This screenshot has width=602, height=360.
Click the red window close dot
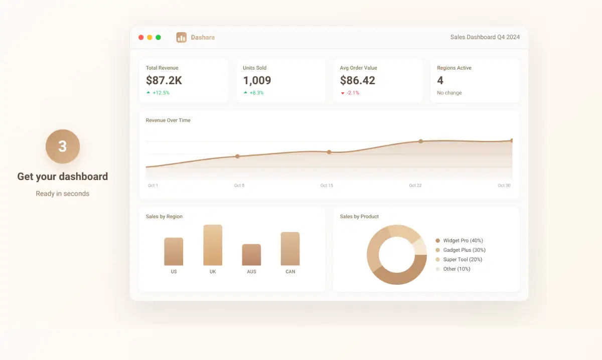pyautogui.click(x=141, y=37)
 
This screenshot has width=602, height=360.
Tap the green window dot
pyautogui.click(x=158, y=37)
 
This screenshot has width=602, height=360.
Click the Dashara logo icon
pyautogui.click(x=181, y=37)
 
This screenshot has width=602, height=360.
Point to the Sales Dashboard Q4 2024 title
pyautogui.click(x=485, y=37)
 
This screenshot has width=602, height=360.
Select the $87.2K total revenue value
pyautogui.click(x=164, y=80)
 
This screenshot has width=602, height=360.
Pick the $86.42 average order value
pyautogui.click(x=357, y=80)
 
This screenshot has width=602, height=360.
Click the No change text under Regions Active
pyautogui.click(x=449, y=93)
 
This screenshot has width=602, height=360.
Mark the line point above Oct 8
pyautogui.click(x=237, y=156)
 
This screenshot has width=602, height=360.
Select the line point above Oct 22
pyautogui.click(x=420, y=141)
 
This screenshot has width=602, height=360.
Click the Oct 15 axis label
pyautogui.click(x=327, y=186)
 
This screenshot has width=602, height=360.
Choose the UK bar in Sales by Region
pyautogui.click(x=213, y=245)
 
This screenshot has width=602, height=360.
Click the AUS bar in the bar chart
pyautogui.click(x=251, y=255)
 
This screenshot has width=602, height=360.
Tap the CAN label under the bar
pyautogui.click(x=290, y=272)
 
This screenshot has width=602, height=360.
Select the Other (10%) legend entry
pyautogui.click(x=456, y=269)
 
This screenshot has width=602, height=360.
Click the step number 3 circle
pyautogui.click(x=63, y=146)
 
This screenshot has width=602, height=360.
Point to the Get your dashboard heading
pyautogui.click(x=63, y=176)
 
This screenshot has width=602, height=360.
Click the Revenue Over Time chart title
pyautogui.click(x=168, y=120)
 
